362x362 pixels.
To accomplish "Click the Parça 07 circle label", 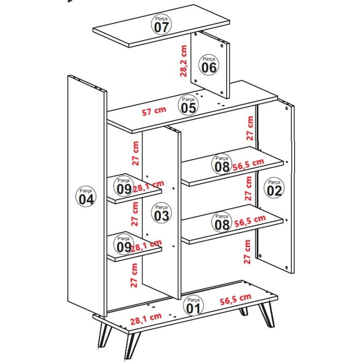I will point(161,24).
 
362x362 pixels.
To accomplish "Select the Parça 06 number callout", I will point(209,65).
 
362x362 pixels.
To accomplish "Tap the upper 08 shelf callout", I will point(222,164).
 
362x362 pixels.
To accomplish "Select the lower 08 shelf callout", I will point(222,222).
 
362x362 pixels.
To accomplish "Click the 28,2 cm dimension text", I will point(183,61).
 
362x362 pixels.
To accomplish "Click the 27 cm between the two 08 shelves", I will point(248,188).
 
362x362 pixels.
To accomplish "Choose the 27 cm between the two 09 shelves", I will point(135,214).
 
